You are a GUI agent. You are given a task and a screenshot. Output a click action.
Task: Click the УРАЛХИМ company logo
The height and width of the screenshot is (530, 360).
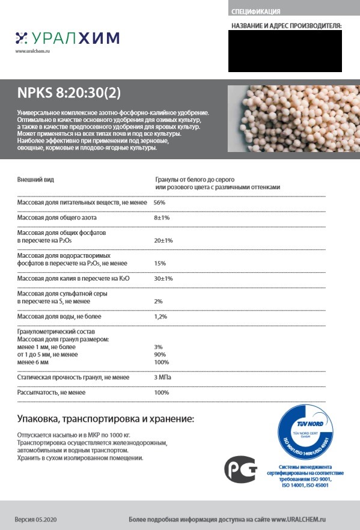click(67, 38)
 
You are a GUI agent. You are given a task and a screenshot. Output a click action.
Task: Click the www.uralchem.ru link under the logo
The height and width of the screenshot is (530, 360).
click(32, 52)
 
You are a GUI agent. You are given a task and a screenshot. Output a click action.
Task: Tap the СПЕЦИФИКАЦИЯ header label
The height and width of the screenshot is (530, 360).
click(255, 11)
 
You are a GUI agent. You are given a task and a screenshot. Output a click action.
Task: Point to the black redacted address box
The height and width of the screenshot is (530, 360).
click(284, 51)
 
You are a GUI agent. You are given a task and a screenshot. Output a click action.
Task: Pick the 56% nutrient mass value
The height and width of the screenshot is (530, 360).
click(159, 203)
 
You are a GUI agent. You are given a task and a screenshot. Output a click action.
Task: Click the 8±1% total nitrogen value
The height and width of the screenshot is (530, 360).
click(162, 218)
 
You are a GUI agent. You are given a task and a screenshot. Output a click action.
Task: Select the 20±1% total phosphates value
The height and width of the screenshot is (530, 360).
click(163, 240)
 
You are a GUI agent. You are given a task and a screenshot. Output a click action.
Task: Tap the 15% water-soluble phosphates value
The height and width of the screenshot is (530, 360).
click(160, 263)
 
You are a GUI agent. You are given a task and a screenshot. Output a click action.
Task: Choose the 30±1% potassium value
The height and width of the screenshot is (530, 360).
click(163, 279)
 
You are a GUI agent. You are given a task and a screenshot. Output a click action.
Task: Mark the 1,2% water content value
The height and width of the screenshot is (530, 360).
click(160, 316)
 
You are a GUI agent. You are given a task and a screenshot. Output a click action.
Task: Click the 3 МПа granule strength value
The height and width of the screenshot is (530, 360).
click(164, 377)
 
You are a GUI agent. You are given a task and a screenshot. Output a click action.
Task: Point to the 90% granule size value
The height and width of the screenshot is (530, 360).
click(160, 355)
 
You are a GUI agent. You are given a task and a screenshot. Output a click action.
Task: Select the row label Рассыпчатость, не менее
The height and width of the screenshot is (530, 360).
click(51, 392)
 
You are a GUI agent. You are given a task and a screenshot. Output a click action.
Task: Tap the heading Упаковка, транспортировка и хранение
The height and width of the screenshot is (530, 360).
click(105, 418)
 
